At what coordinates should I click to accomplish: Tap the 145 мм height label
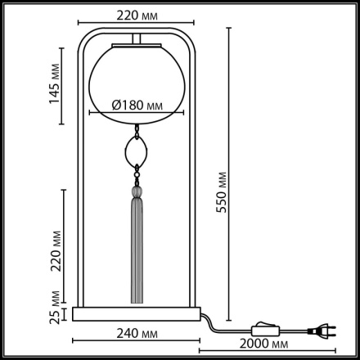point(55,84)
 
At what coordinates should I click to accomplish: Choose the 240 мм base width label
point(136,333)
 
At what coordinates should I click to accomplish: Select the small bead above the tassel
point(137,193)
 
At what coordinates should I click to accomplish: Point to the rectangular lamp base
point(136,313)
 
